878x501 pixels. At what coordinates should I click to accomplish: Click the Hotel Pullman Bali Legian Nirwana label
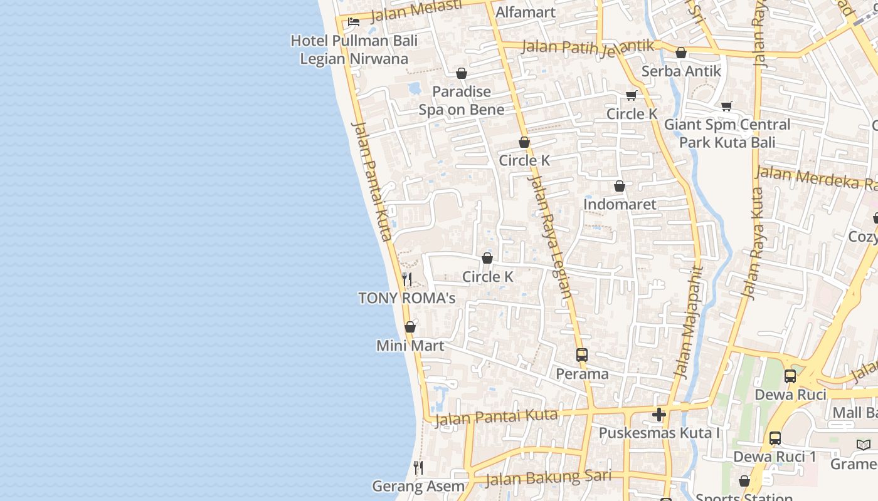click(354, 50)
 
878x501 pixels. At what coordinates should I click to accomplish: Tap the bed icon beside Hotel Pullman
click(354, 22)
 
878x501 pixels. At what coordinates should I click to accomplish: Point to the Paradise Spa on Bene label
click(462, 101)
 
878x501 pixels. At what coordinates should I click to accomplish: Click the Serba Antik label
click(681, 71)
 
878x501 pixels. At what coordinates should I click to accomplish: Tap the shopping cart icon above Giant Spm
click(727, 106)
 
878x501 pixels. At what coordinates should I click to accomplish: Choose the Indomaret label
click(620, 204)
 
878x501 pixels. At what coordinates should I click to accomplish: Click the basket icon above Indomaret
click(620, 187)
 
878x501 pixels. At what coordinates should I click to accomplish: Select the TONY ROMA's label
click(407, 298)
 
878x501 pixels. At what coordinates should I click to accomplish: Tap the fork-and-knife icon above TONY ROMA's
click(407, 279)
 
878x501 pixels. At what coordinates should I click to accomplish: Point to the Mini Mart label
click(410, 346)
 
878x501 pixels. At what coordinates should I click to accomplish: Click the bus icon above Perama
click(582, 355)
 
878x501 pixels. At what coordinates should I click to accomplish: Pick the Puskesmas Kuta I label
click(659, 433)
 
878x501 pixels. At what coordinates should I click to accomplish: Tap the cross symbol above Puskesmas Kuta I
click(659, 415)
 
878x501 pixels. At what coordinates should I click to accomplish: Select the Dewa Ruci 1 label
click(775, 457)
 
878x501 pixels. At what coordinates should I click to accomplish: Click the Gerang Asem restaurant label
click(418, 486)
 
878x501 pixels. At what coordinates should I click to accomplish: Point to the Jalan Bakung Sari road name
click(548, 478)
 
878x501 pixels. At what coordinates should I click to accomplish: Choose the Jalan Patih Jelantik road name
click(588, 47)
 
